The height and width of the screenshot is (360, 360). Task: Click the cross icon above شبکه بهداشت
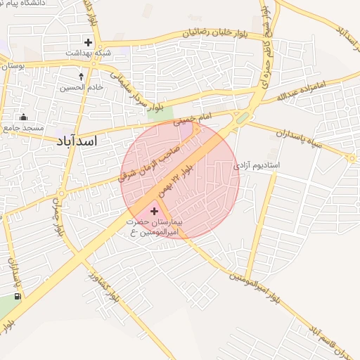click(88, 42)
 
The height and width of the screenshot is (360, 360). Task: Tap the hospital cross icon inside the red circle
click(155, 211)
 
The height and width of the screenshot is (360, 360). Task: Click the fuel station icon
click(18, 297)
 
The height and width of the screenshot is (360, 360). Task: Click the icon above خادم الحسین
click(82, 76)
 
